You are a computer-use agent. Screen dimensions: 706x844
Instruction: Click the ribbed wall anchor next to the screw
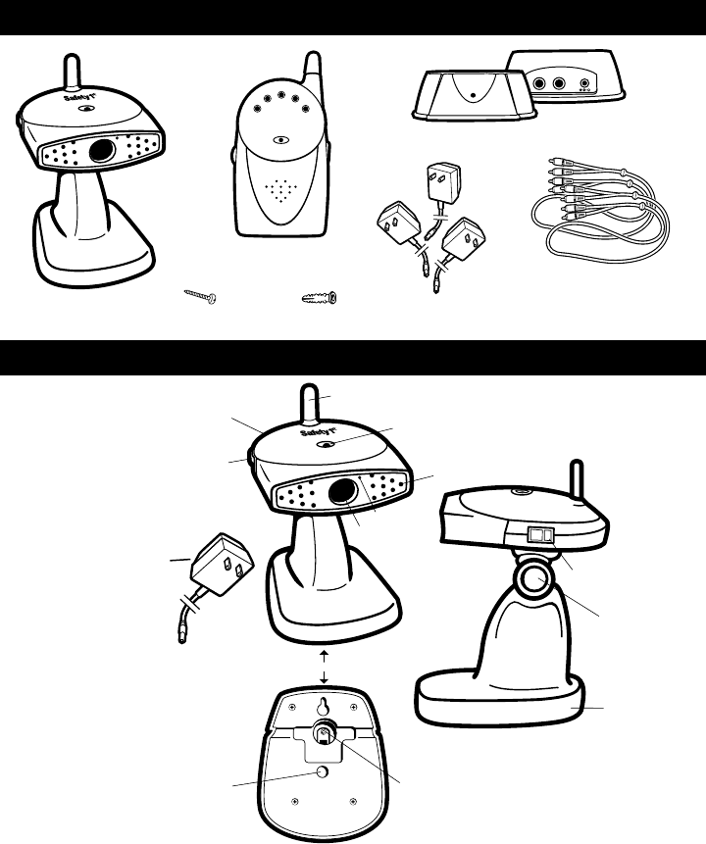[321, 295]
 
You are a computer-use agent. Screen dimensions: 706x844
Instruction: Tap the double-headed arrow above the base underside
[324, 664]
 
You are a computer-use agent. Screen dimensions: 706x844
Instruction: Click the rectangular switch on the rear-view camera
[540, 536]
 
